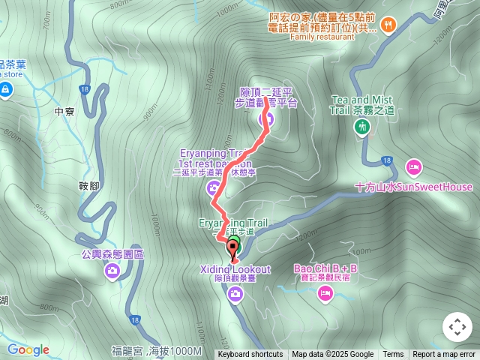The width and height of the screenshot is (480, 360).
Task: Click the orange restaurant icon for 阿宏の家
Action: point(388,25)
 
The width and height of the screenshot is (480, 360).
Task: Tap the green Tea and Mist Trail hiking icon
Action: point(363,127)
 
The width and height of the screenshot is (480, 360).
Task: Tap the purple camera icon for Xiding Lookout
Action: point(236,295)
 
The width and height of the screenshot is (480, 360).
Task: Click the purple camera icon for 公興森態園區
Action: point(112,270)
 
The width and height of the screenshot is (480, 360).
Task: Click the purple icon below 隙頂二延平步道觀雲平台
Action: point(265,118)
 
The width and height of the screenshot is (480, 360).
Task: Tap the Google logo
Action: point(28,349)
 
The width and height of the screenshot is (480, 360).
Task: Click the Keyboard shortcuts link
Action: point(250,355)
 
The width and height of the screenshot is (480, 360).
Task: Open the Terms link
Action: point(393,355)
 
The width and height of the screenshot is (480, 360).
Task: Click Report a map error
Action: point(444,355)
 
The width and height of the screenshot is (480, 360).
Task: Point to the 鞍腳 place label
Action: point(88,185)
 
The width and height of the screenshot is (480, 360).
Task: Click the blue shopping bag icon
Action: point(6,90)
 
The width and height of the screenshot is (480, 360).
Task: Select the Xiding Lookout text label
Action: point(235,269)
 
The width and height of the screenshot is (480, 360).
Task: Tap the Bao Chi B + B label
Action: point(325,268)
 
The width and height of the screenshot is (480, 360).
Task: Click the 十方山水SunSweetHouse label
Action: point(414,187)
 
